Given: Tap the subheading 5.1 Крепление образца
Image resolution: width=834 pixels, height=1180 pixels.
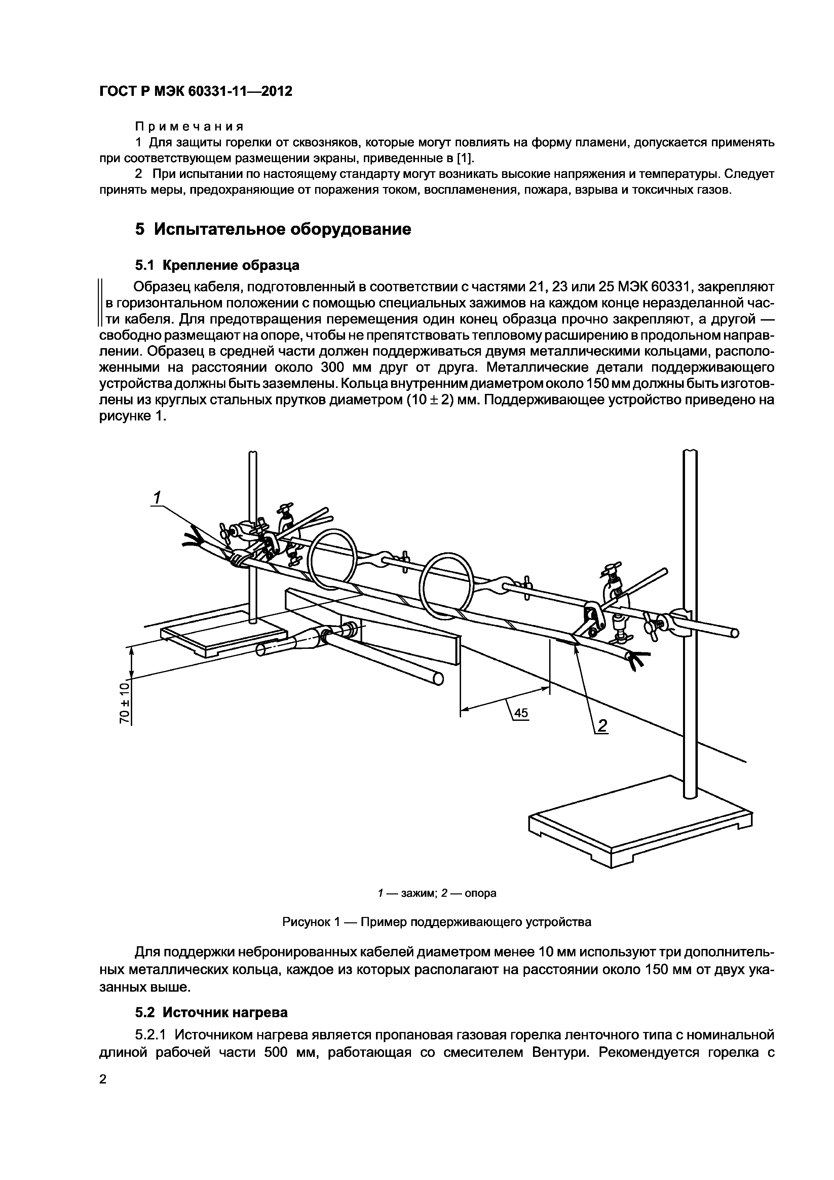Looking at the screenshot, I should pos(217,265).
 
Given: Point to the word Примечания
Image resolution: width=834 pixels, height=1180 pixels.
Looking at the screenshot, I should pos(189,126).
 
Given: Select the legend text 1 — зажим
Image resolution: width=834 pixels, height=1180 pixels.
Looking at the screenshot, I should pos(407,893).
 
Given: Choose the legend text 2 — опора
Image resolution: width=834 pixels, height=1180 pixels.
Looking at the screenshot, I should pos(469,893).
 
